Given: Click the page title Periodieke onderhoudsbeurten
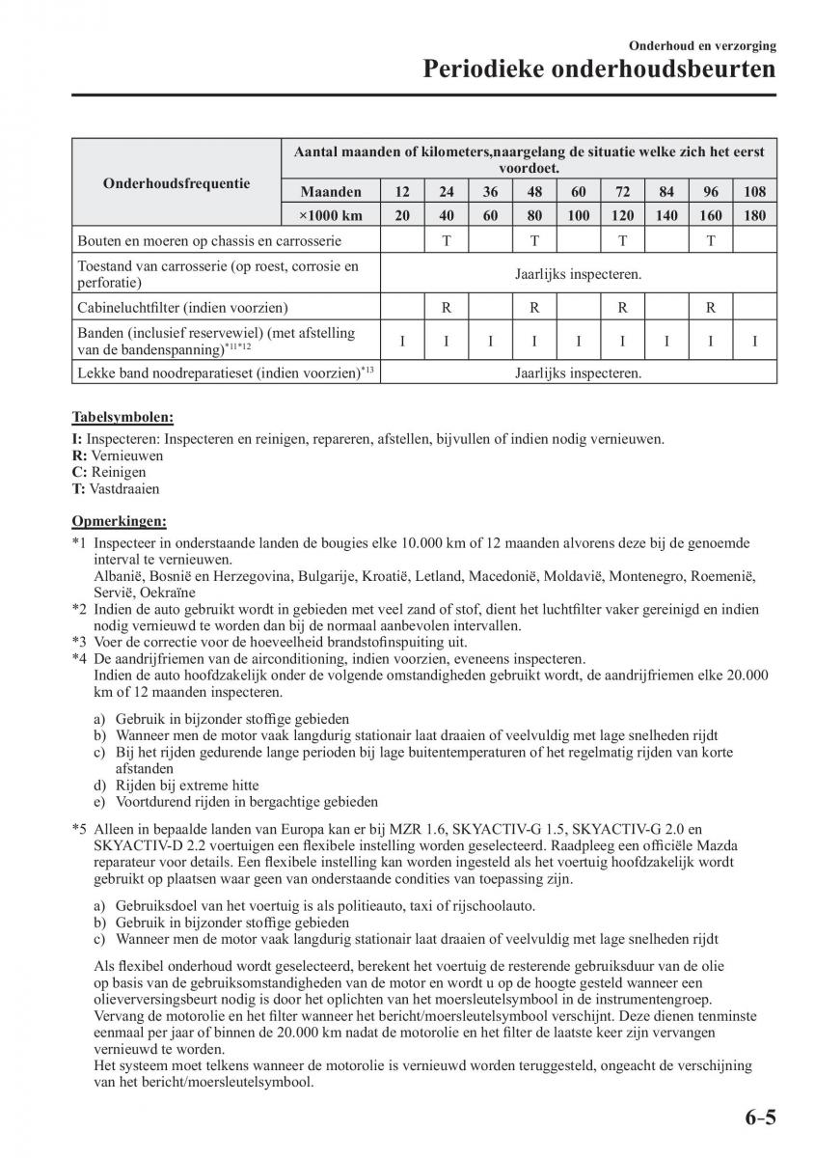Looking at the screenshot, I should coord(599,70).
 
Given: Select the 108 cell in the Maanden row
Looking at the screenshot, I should coord(754,191).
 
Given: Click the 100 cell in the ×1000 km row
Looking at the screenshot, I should coord(578,215).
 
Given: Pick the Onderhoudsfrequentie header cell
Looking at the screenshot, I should coord(177,183).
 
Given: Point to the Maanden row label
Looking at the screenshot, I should coord(330,191).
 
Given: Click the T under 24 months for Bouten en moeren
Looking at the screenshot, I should coord(447,240).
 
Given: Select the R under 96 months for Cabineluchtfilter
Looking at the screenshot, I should coord(710,308).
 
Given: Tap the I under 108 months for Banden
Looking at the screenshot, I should coord(754,341).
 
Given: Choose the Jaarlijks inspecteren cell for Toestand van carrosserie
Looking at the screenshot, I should coord(578,274).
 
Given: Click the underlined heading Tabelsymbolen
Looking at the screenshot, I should coord(122,418).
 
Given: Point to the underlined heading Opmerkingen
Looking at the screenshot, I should coord(119,521).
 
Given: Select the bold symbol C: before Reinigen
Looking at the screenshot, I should coord(79,472).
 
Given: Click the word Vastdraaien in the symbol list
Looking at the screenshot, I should coord(126,489).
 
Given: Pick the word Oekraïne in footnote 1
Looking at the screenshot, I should coord(167,593).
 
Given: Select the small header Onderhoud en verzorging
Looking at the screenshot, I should coord(702,45).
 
